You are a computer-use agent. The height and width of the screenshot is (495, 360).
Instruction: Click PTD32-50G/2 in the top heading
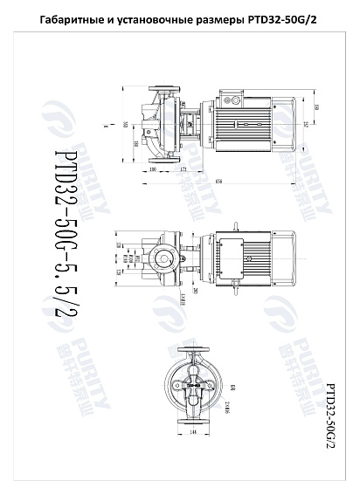click(283, 18)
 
